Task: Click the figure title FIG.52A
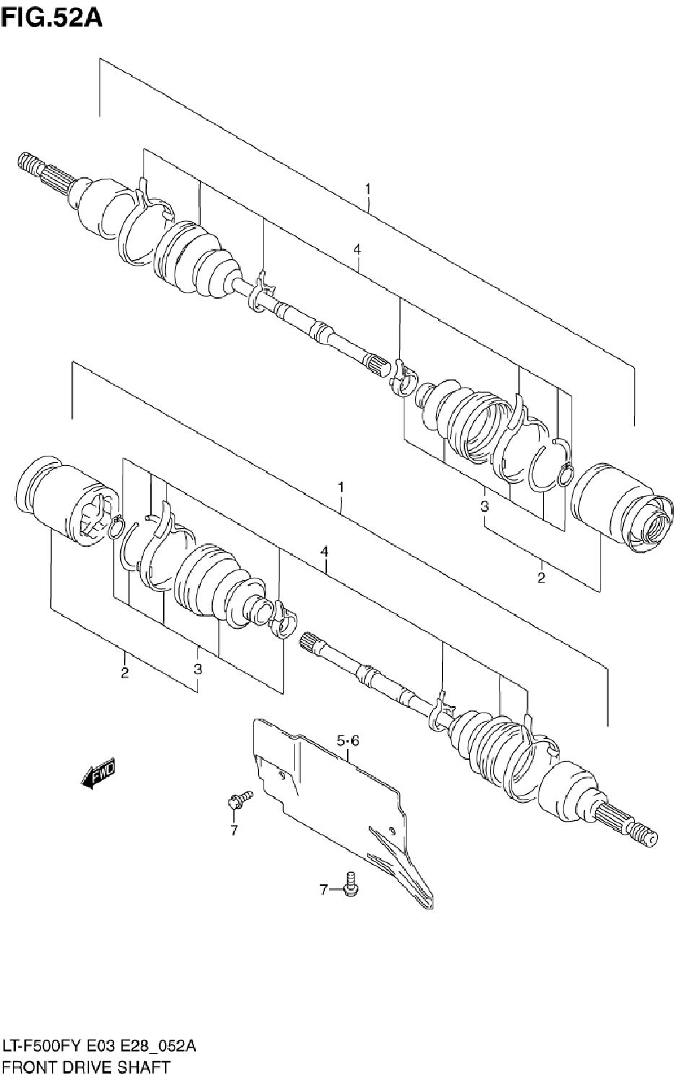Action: point(51,17)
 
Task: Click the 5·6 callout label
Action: point(348,742)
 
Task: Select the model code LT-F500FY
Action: point(42,1046)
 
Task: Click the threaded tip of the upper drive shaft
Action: point(27,162)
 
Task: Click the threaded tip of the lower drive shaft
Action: point(645,837)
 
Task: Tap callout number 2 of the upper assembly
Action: point(541,578)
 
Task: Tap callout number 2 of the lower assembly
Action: point(125,672)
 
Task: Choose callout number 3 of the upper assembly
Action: point(485,506)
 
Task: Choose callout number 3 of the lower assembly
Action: point(197,669)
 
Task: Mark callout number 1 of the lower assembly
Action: point(342,487)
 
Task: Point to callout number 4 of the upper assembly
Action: point(357,250)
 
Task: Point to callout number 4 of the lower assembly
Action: point(325,551)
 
